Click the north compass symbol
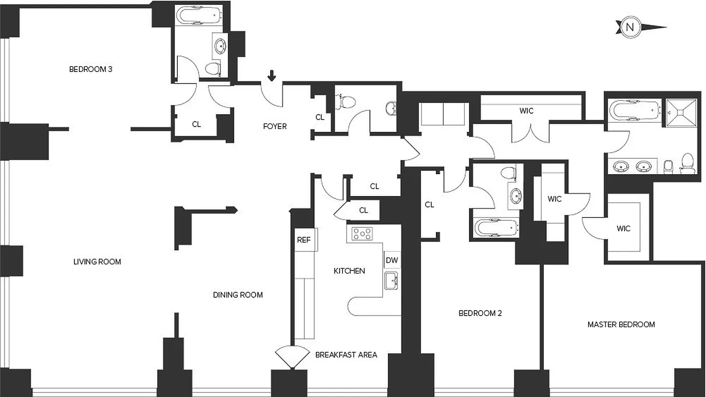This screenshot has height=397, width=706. (630, 27)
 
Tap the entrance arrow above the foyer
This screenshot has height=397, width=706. (272, 76)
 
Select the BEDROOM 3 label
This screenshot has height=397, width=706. (90, 69)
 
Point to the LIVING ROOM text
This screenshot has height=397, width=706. (97, 262)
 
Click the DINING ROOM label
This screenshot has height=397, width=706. (238, 295)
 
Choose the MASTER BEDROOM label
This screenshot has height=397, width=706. (621, 325)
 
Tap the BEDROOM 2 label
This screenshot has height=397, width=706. (480, 313)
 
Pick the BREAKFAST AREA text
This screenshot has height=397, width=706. (346, 355)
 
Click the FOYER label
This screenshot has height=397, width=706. (275, 127)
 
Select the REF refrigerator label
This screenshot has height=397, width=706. (303, 240)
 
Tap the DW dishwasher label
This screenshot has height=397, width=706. (391, 260)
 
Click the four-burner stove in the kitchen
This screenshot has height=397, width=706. (362, 234)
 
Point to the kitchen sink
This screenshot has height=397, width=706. (391, 281)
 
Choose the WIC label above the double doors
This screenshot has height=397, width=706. (526, 111)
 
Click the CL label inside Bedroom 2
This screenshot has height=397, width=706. (429, 204)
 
